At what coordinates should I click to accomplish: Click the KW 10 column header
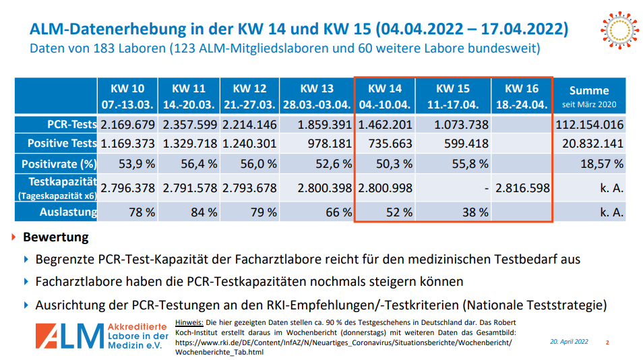tap(127, 96)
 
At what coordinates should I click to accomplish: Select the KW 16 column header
tap(522, 96)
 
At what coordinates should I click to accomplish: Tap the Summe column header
tap(588, 96)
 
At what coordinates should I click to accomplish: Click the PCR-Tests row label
tap(67, 125)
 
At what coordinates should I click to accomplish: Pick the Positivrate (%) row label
tap(59, 164)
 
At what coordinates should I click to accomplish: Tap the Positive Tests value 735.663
tap(387, 144)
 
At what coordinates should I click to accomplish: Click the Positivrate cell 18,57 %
tap(603, 164)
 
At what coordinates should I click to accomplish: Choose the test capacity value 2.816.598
tap(522, 188)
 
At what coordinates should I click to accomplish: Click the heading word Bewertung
tap(55, 237)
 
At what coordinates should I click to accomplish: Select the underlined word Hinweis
tap(189, 322)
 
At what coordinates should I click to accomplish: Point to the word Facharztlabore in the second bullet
tap(76, 281)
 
